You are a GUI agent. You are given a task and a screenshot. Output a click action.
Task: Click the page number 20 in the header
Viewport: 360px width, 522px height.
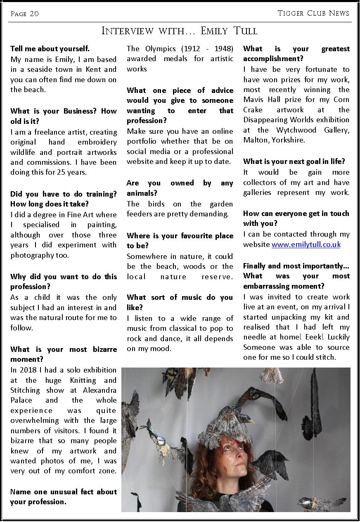[34, 14]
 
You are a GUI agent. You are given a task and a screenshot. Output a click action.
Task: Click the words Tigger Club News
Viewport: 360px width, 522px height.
[313, 13]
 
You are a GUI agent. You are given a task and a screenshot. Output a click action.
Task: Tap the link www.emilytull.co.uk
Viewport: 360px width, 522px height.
[306, 244]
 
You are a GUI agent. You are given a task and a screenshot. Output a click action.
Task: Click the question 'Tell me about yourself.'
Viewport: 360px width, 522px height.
[50, 49]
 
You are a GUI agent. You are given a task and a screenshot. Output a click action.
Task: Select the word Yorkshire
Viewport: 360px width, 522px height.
[289, 140]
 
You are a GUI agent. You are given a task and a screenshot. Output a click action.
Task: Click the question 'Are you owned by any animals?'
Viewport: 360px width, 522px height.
[180, 188]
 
